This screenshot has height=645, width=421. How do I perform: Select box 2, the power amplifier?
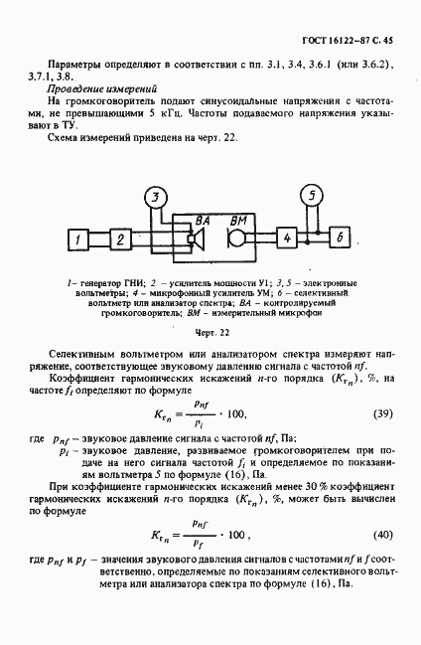[118, 240]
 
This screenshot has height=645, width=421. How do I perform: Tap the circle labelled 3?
[154, 199]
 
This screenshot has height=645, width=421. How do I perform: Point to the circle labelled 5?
[312, 196]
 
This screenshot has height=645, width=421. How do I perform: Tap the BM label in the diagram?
[238, 220]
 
